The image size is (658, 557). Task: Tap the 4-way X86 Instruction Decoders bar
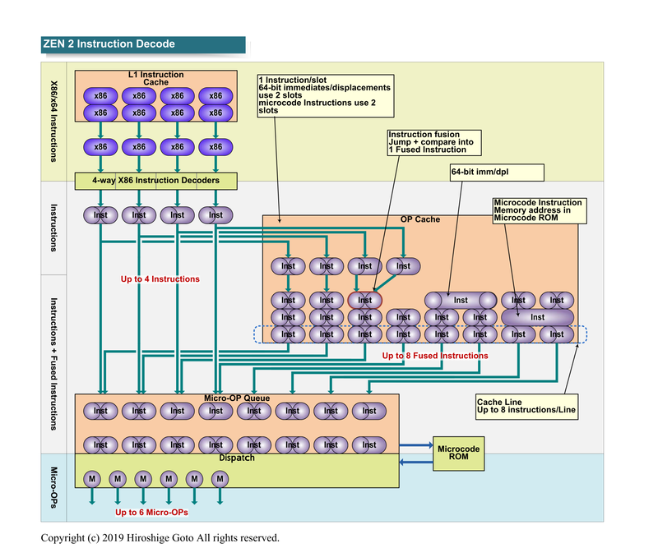(x=155, y=180)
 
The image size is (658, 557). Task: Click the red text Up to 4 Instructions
(x=160, y=279)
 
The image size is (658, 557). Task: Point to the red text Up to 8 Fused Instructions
(x=435, y=356)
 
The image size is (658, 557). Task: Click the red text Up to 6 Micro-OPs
(x=151, y=513)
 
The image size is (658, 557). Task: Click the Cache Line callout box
(x=525, y=405)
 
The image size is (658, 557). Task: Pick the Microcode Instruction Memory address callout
(x=538, y=209)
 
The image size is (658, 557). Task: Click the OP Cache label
(x=419, y=219)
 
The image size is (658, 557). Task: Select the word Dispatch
(x=237, y=458)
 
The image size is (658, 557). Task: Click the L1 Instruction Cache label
(x=155, y=78)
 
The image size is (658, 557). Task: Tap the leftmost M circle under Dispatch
(x=91, y=478)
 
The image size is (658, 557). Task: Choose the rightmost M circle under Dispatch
(x=219, y=478)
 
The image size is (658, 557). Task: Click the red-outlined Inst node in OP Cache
(x=364, y=300)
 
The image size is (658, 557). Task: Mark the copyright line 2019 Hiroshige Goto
(x=160, y=539)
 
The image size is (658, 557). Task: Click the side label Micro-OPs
(x=53, y=487)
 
